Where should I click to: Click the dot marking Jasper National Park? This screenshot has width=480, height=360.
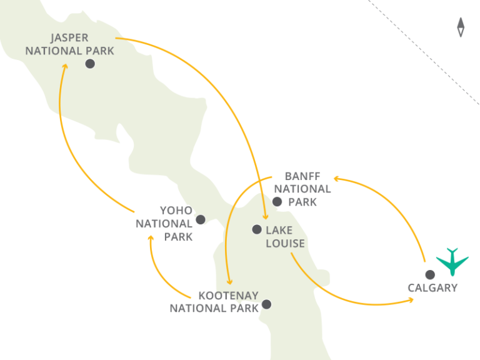point(90,64)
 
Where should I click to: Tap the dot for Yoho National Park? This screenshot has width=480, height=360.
point(201,219)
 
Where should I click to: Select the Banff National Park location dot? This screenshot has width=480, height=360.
point(277,201)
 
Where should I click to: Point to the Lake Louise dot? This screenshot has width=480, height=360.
point(256,229)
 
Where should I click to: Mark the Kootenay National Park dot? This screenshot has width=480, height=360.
point(267,304)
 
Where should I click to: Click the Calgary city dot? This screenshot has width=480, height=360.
point(430,274)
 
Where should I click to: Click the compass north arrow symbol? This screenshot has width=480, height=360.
point(461,27)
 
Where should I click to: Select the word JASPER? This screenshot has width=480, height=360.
point(70,37)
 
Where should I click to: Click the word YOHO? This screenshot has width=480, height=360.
point(176,211)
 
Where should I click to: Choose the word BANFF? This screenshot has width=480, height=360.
point(302,176)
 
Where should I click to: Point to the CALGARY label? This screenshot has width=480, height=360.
point(432,288)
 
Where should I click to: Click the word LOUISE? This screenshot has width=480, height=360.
point(285,243)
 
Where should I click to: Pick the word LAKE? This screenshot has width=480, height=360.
point(279,230)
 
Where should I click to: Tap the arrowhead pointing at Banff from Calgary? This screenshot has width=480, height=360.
point(336,178)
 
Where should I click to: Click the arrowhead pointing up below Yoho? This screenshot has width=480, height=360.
point(151,238)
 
